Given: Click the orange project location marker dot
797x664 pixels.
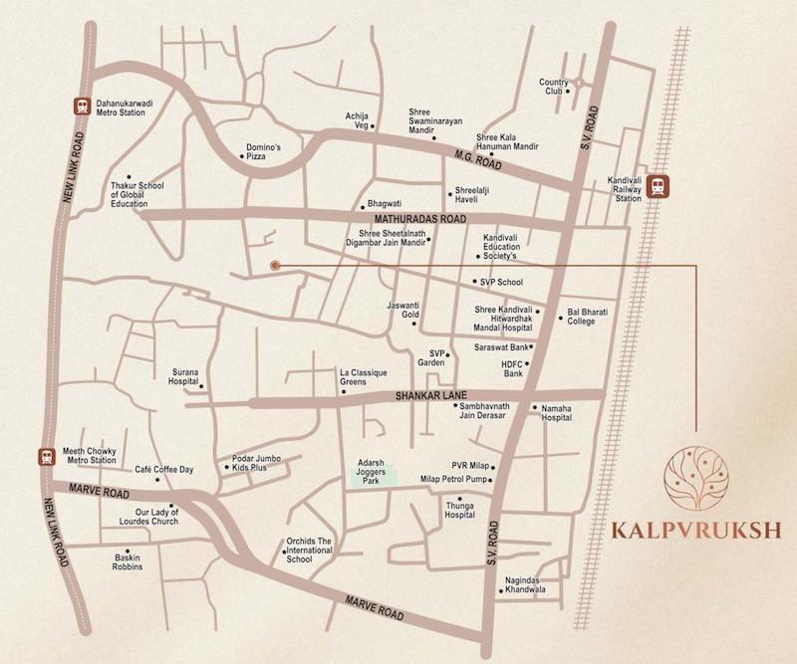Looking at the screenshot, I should tap(274, 265).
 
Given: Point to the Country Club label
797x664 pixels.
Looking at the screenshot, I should tap(553, 88).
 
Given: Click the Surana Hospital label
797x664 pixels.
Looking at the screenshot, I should tap(183, 374).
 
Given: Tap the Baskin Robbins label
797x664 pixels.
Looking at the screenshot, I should tap(128, 561).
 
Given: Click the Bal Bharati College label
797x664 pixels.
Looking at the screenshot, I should tap(588, 316).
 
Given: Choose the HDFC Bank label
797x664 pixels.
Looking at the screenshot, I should tap(512, 367).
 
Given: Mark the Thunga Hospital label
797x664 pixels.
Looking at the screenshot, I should tap(459, 510).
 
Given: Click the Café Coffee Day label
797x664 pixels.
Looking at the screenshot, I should tap(164, 469).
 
